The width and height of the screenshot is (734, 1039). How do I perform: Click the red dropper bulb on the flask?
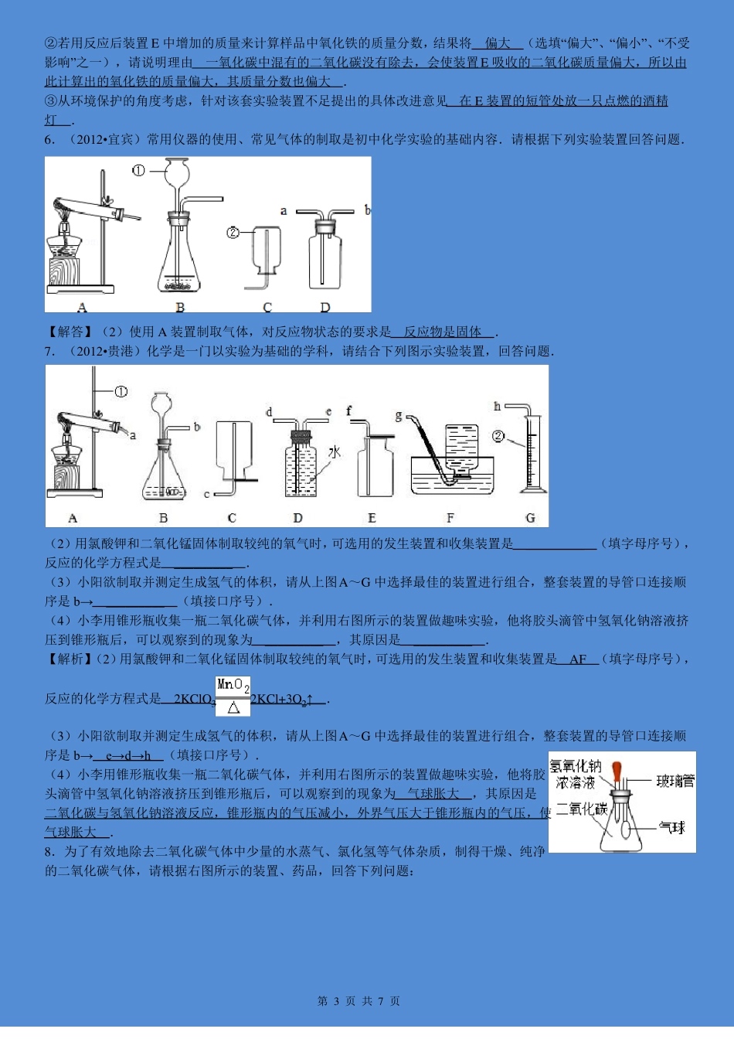[617, 771]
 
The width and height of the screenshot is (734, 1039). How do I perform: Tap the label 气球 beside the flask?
[672, 828]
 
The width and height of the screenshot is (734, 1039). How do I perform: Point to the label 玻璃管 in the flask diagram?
[675, 781]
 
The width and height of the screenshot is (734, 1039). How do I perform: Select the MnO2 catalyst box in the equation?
[233, 685]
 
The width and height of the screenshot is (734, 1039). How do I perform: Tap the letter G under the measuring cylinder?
[530, 518]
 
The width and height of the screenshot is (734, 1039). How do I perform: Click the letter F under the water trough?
[450, 518]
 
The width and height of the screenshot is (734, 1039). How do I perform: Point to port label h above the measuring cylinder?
[497, 406]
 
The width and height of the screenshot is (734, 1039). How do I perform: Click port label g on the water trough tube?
[399, 417]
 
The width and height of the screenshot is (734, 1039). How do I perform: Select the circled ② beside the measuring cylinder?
[498, 437]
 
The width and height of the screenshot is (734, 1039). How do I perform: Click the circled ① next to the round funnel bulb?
[138, 170]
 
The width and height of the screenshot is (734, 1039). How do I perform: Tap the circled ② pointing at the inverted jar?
[233, 232]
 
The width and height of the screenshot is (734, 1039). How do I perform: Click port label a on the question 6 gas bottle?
[284, 210]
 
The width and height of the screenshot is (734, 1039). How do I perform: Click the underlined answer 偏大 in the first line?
[498, 43]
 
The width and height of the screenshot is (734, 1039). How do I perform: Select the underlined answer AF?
[578, 659]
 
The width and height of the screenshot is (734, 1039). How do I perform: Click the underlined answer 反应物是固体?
[443, 332]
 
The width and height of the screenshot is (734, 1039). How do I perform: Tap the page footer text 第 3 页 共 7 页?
[359, 1001]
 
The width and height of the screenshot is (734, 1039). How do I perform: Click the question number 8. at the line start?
[50, 851]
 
